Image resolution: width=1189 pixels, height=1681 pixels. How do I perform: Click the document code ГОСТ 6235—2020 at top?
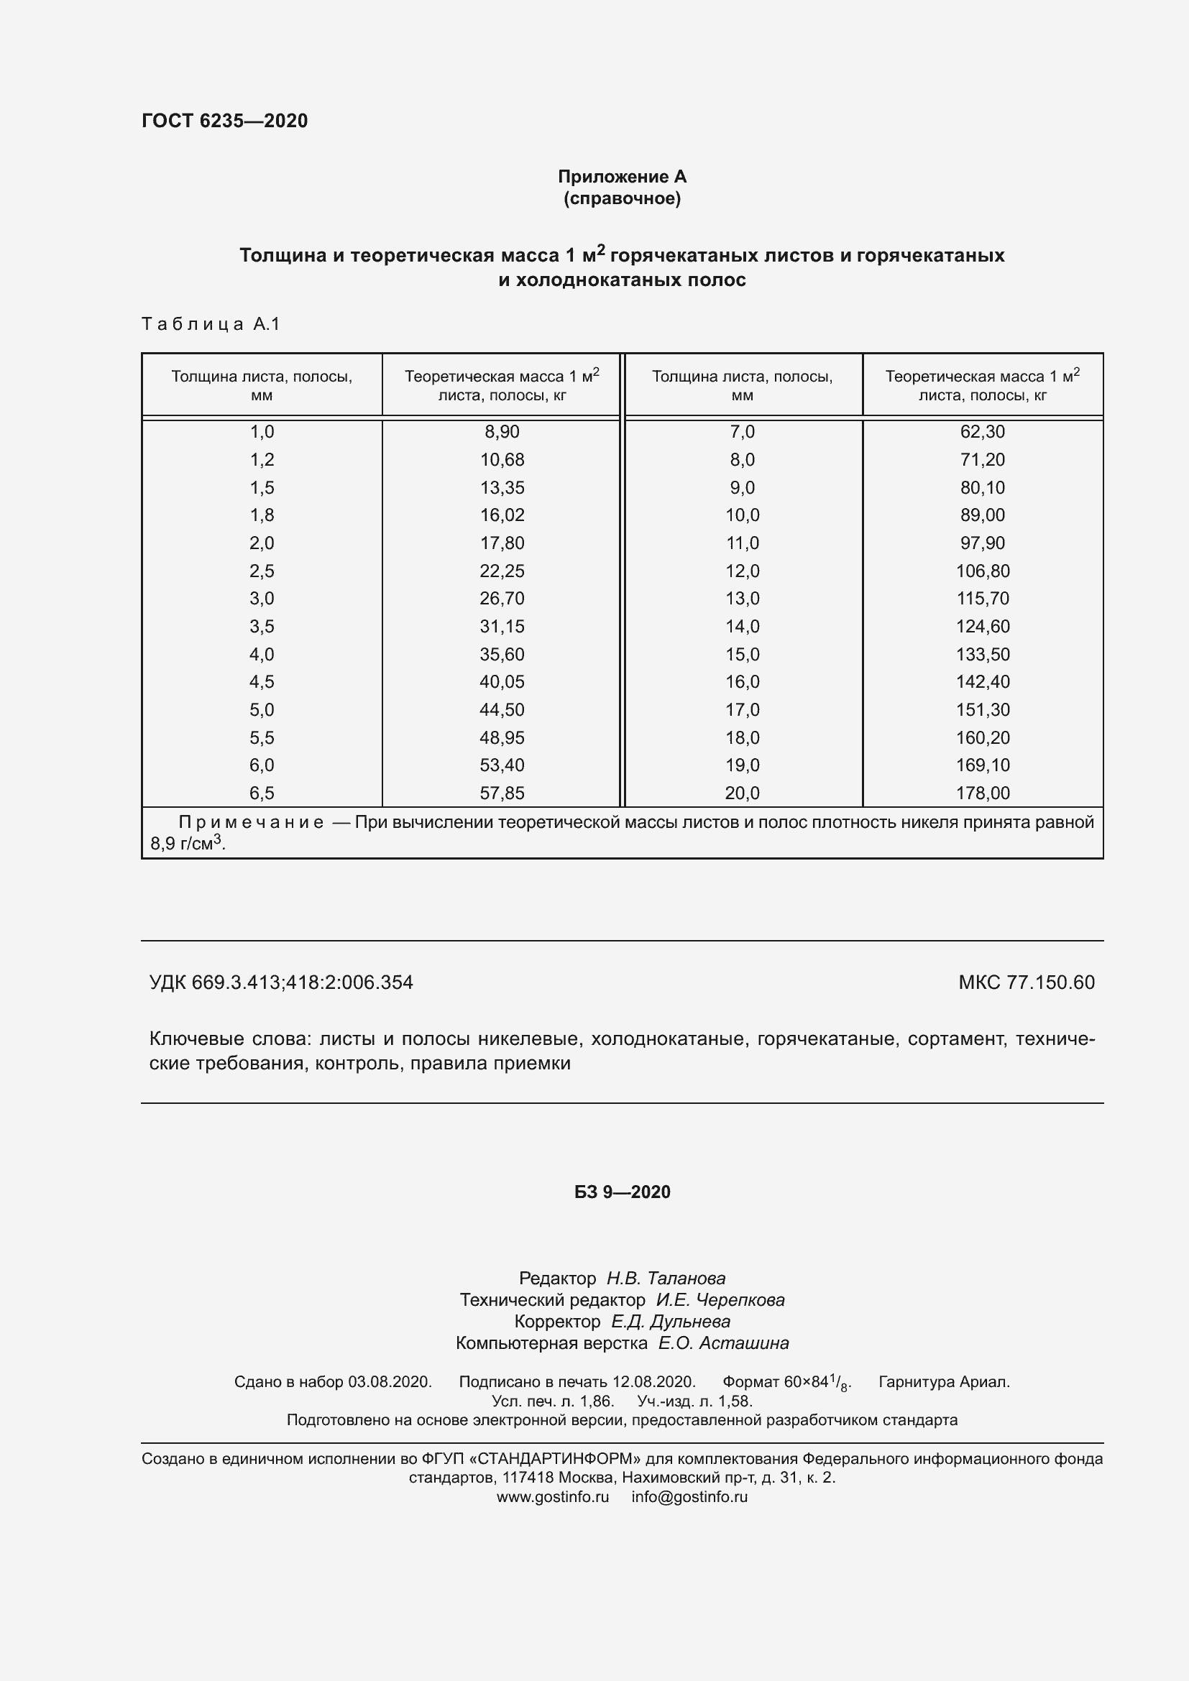[225, 121]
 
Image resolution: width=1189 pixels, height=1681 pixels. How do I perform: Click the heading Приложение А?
[622, 177]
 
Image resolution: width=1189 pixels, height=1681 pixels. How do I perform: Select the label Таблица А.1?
[211, 323]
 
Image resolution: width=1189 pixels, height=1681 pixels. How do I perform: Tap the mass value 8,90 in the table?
[502, 432]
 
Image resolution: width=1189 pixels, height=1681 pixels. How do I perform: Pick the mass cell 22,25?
[502, 571]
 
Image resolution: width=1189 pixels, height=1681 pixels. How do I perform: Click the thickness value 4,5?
[262, 681]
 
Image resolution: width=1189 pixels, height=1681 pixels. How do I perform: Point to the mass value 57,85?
[502, 793]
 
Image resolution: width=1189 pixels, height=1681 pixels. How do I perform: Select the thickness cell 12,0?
[742, 571]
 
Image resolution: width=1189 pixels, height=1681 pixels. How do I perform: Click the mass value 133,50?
[982, 655]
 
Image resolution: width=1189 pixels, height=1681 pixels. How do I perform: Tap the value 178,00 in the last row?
[982, 793]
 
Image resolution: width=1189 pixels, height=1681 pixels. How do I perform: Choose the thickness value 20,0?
[742, 793]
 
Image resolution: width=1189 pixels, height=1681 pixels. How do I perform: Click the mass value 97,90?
[982, 543]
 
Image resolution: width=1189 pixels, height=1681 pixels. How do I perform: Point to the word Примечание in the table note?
[251, 823]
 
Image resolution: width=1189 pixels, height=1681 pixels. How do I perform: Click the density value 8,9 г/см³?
[188, 844]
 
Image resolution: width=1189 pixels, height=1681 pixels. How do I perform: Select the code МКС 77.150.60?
[1026, 982]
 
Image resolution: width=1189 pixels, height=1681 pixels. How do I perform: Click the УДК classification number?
[281, 982]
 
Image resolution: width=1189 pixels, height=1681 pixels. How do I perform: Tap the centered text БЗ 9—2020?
[622, 1192]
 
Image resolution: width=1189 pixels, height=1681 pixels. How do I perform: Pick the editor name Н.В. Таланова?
[666, 1279]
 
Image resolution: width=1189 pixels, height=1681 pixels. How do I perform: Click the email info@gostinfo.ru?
[689, 1496]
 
